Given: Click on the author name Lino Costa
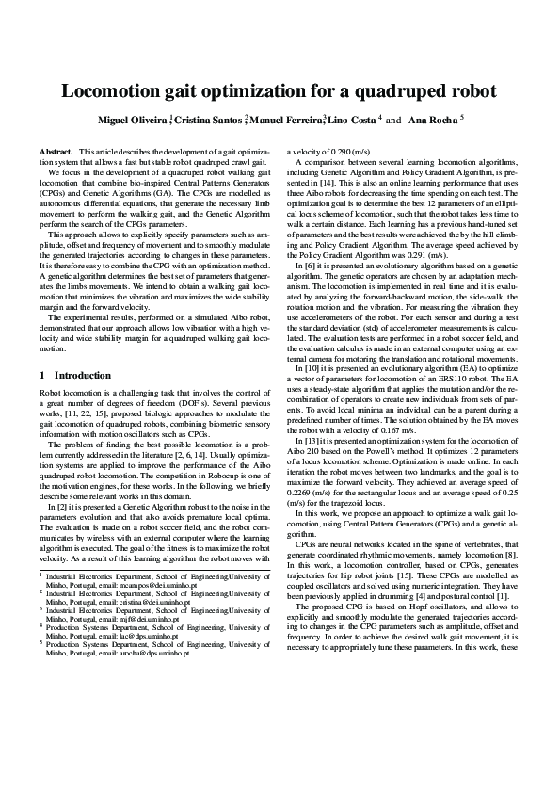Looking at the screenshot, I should (x=351, y=121).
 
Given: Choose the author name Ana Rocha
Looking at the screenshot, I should (x=432, y=121).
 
